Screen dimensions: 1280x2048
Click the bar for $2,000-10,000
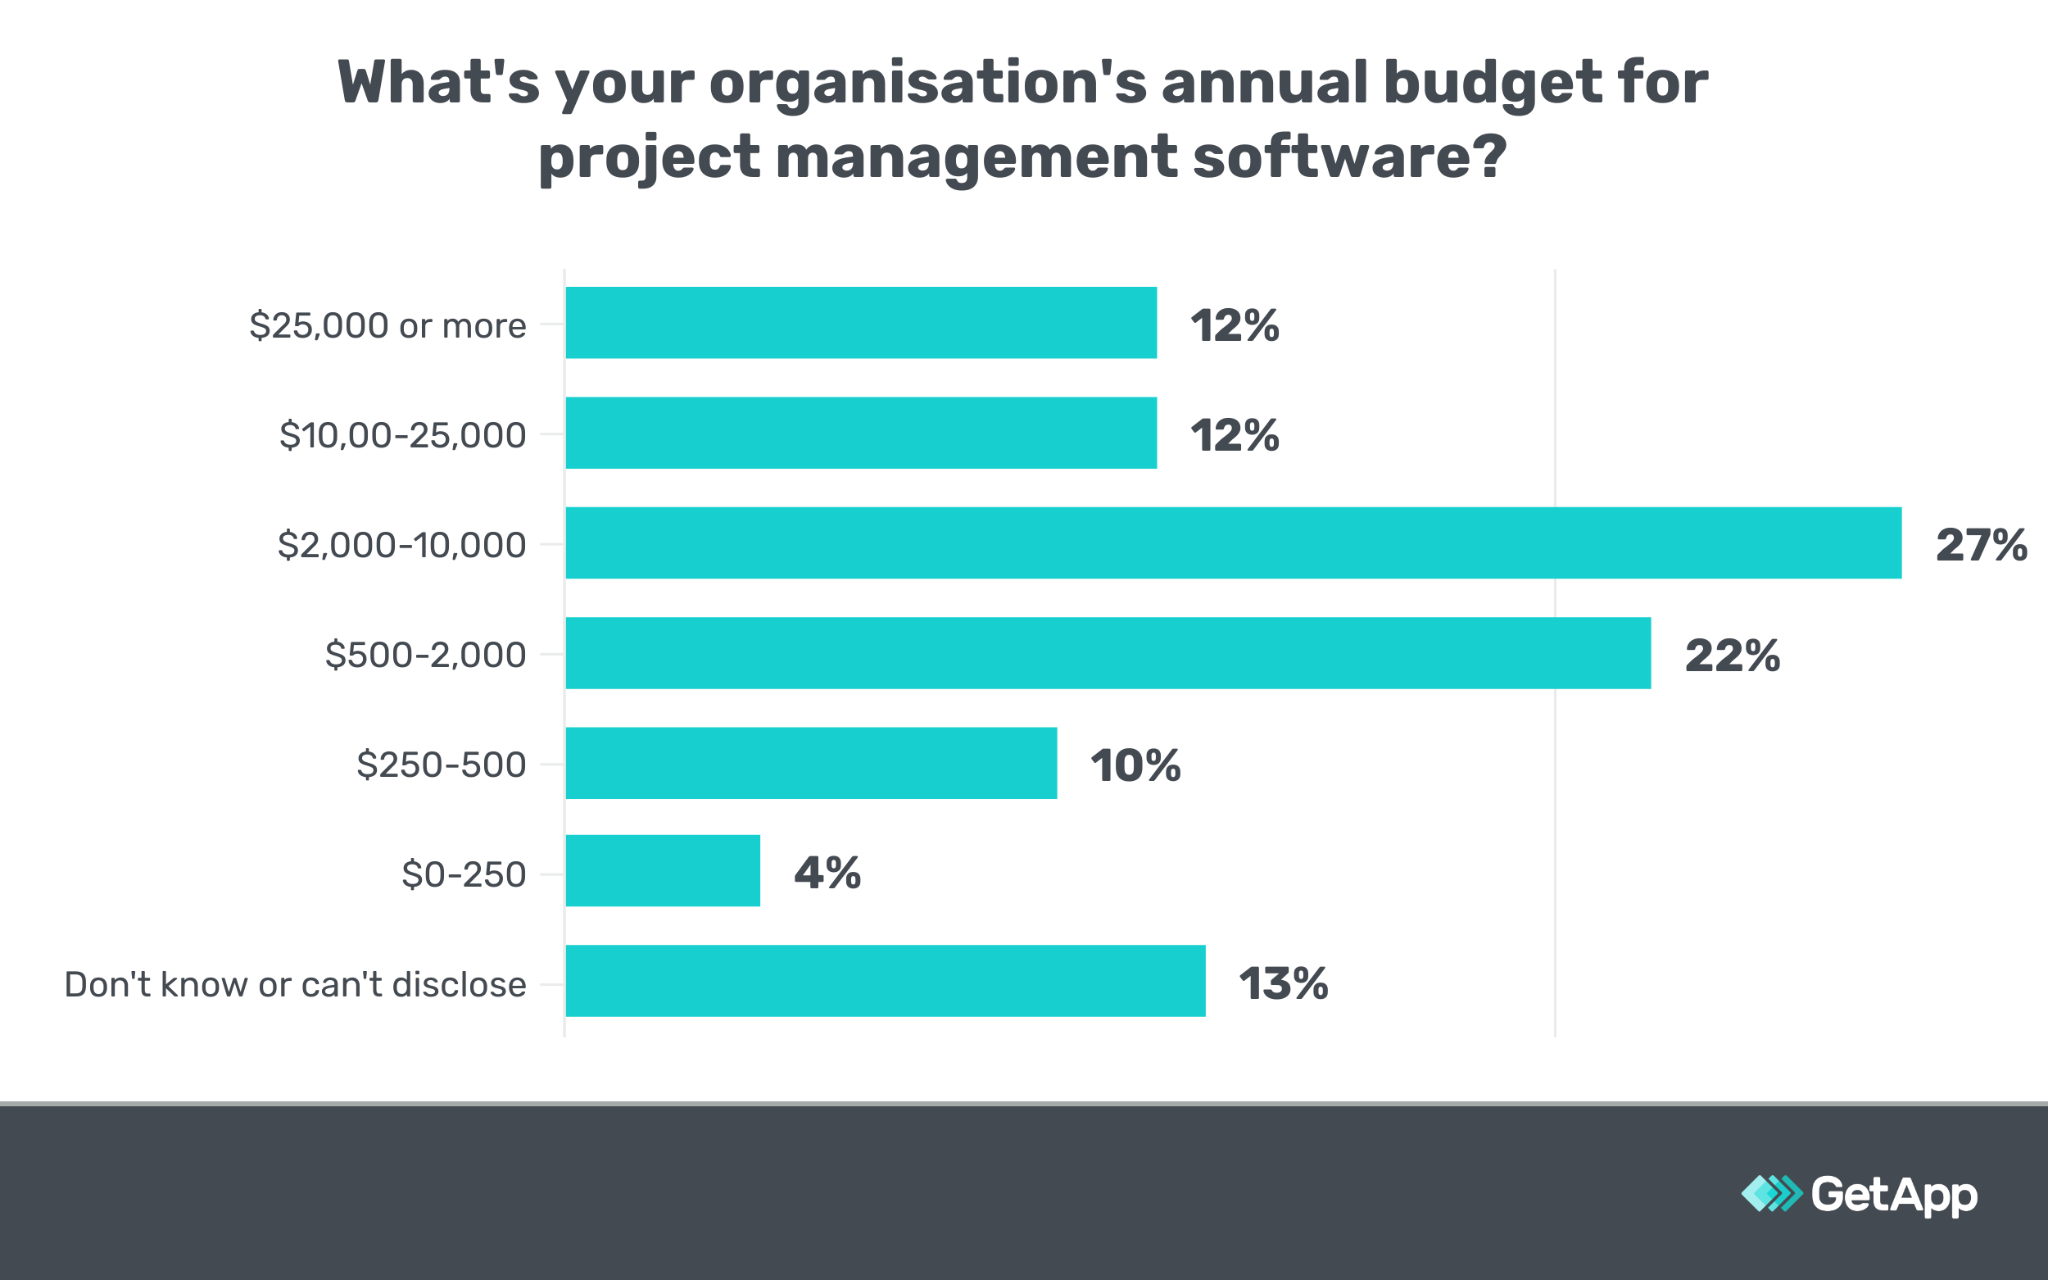[x=1233, y=542]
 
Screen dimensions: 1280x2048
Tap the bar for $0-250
[x=663, y=871]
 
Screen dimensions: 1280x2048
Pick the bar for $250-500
[x=811, y=763]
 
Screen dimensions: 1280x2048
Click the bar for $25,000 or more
[x=861, y=323]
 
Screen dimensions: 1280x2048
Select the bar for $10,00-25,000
[x=861, y=433]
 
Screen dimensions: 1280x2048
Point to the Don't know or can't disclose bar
[x=886, y=981]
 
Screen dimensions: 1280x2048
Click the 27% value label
[x=1981, y=544]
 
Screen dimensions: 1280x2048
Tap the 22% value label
[x=1733, y=656]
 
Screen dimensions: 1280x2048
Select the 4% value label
[x=827, y=873]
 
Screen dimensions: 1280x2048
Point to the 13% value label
[x=1283, y=983]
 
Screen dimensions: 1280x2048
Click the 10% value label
[x=1135, y=765]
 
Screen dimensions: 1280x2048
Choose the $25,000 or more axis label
[x=387, y=326]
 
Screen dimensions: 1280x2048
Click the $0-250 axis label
[x=464, y=874]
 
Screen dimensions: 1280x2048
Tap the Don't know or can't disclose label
[x=296, y=984]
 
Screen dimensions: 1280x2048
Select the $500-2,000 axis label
[x=426, y=656]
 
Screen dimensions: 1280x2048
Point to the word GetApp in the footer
[x=1894, y=1195]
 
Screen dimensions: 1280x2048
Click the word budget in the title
[x=1492, y=83]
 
